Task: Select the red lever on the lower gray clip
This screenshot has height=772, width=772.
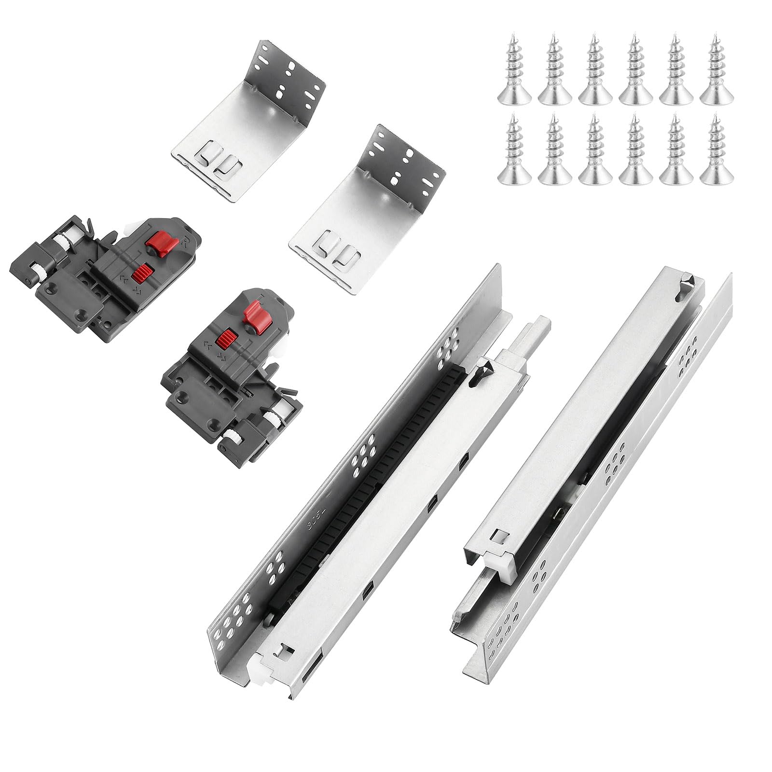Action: tap(252, 314)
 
